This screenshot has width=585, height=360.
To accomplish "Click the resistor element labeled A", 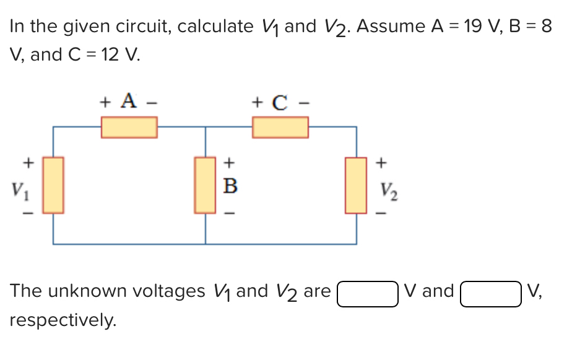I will pyautogui.click(x=129, y=127).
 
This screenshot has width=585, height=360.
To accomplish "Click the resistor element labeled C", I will pyautogui.click(x=280, y=127).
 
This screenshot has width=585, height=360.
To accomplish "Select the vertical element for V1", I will pyautogui.click(x=53, y=185).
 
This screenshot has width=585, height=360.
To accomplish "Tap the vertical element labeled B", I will pyautogui.click(x=205, y=185).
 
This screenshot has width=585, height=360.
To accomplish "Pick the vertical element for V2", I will pyautogui.click(x=356, y=185).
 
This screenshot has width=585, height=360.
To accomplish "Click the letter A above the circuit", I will pyautogui.click(x=128, y=100).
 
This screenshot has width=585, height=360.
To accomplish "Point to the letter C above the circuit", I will pyautogui.click(x=279, y=101).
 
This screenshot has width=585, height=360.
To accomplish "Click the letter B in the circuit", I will pyautogui.click(x=229, y=186).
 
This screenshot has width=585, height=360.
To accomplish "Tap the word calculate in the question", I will pyautogui.click(x=210, y=27).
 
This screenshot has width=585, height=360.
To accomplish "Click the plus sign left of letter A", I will pyautogui.click(x=106, y=101).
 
